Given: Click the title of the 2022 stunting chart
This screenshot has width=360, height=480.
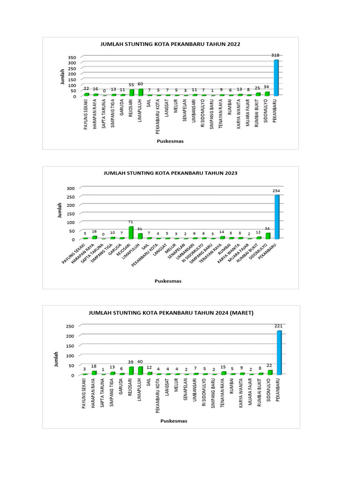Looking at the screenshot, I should point(171,44).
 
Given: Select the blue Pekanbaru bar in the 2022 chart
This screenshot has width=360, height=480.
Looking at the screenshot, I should point(276,78).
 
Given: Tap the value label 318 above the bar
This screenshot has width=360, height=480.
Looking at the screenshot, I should point(276,55).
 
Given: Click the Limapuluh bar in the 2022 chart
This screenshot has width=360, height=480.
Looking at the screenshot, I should point(141,92).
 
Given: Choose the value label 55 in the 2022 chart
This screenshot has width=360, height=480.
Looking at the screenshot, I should point(132,85).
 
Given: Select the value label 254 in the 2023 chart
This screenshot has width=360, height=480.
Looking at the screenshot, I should point(277,191).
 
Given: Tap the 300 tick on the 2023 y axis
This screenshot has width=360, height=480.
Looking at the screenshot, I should point(71,188).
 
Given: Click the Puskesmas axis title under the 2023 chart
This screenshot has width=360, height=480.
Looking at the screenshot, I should point(168,281).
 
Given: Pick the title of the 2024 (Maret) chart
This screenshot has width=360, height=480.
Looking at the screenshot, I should point(171,313).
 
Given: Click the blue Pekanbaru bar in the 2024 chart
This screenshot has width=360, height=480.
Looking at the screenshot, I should point(279,353).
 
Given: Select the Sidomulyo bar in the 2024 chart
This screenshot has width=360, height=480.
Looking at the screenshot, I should point(270,372).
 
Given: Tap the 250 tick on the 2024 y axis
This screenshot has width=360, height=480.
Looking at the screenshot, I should point(71,326).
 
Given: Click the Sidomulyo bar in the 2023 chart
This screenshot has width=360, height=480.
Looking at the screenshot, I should point(268,236).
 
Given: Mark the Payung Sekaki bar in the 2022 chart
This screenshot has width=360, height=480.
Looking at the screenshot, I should point(86,94).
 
